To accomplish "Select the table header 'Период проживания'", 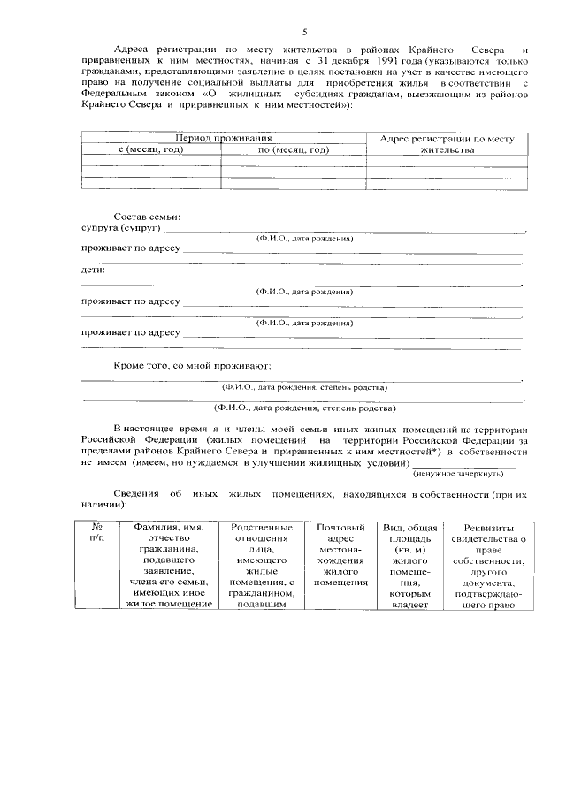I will [223, 139].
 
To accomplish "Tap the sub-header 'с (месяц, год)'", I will [151, 149].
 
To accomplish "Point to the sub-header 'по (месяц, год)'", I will [294, 149].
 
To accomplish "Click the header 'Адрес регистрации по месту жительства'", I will [447, 144].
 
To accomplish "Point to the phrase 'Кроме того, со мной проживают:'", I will [192, 365].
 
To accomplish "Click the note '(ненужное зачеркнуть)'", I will [465, 474].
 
